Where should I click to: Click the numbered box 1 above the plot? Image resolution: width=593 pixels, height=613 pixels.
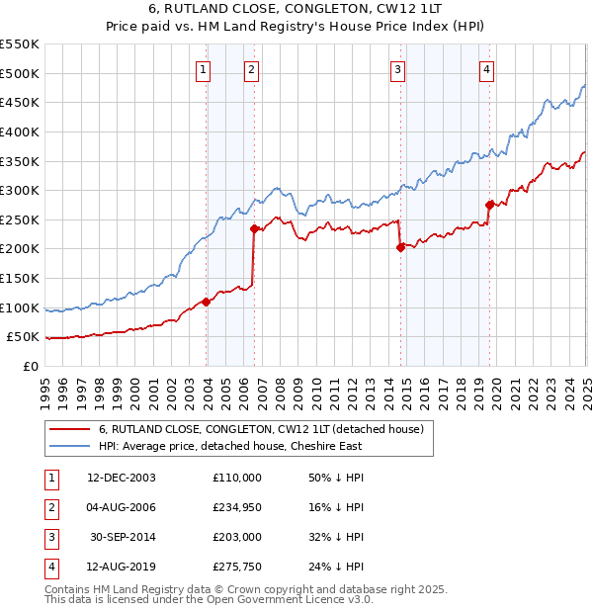coord(203,69)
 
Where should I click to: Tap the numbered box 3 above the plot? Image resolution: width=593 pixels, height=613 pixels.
coord(396,69)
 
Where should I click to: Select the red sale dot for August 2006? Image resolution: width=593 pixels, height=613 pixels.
coord(254,228)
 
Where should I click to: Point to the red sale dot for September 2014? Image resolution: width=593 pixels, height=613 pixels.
coord(400,247)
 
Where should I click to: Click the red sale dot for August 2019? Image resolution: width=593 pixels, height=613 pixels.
coord(489,205)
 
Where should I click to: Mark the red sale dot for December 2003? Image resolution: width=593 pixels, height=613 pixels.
coord(207,302)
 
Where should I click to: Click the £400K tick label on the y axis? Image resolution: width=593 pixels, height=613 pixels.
coord(20,131)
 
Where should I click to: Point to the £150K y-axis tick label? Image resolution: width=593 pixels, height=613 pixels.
coord(20,279)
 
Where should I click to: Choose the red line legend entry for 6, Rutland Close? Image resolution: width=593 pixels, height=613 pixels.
coord(261,429)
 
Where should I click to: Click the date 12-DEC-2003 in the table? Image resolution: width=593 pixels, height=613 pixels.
coord(121,478)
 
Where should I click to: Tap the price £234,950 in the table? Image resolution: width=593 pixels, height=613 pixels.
coord(237,507)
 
